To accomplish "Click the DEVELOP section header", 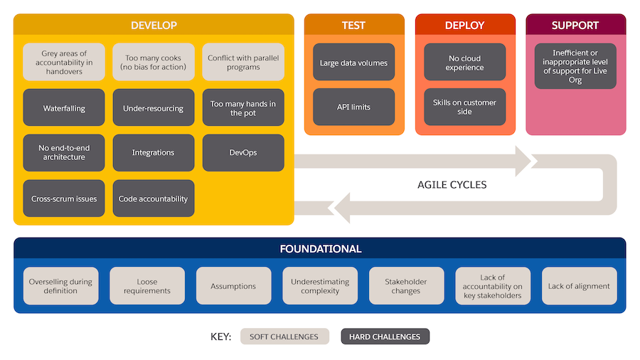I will [x=154, y=25].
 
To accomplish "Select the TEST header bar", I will [x=353, y=25].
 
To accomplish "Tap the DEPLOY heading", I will [x=464, y=25].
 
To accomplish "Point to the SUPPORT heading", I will [x=575, y=25].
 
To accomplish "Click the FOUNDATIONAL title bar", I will [x=320, y=249].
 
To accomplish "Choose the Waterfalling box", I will [x=64, y=108].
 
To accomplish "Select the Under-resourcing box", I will [x=154, y=108].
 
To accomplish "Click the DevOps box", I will [x=243, y=153].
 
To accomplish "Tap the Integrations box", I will [x=154, y=153].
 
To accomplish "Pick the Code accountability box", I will [x=154, y=198].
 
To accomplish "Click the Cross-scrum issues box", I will [x=64, y=198].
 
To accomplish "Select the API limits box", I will [x=353, y=107].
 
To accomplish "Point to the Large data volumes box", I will [x=353, y=63].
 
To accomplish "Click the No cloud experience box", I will [x=464, y=63].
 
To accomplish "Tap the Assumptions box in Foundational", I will [x=233, y=286].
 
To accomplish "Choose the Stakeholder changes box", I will [x=406, y=286].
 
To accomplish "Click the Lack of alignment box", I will [x=579, y=286].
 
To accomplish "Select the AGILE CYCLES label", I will [x=452, y=185].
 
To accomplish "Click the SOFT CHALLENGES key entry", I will [x=284, y=337].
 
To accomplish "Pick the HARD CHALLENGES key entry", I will [x=385, y=337].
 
